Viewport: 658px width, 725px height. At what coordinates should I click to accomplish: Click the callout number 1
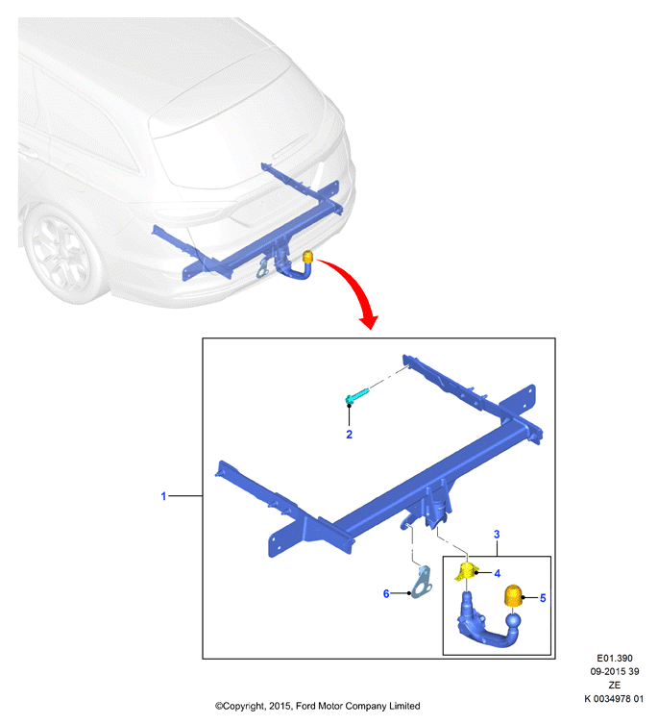click(163, 496)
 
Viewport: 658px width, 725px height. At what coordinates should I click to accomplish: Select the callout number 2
click(349, 435)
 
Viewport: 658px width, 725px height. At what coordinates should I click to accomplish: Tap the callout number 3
click(497, 534)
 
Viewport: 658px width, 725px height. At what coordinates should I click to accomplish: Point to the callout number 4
click(498, 573)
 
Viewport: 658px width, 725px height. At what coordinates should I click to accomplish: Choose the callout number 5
click(543, 598)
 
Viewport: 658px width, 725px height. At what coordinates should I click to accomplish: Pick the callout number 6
click(386, 593)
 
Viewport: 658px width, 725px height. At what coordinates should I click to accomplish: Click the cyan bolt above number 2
click(358, 396)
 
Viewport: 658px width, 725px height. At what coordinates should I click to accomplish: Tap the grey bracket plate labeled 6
click(422, 583)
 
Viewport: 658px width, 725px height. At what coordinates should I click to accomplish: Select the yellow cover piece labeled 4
click(467, 571)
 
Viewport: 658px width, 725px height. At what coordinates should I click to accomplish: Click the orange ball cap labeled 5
click(513, 595)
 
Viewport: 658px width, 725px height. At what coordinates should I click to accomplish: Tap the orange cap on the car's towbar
click(307, 257)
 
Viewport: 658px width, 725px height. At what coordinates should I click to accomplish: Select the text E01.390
click(615, 659)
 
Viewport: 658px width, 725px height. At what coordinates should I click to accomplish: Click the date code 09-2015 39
click(615, 672)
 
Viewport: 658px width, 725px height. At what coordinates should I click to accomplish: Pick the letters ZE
click(615, 686)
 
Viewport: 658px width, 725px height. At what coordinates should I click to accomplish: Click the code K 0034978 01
click(614, 699)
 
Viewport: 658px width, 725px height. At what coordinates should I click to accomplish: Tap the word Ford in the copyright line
click(305, 706)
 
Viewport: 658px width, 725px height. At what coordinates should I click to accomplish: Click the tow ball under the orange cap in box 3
click(513, 619)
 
